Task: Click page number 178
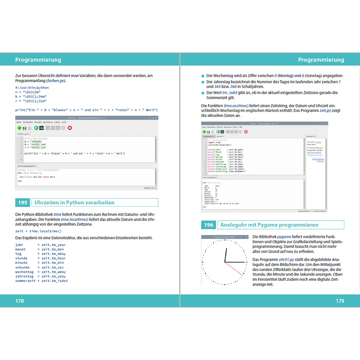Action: coord(19,301)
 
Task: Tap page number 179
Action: coord(340,301)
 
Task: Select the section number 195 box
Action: coord(23,202)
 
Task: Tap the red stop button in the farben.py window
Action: coord(70,127)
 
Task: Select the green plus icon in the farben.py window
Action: coord(19,127)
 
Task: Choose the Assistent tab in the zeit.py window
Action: coord(311,136)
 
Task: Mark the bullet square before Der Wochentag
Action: coord(203,75)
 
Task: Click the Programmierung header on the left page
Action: coord(38,60)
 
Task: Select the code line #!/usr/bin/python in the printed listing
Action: coord(32,88)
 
